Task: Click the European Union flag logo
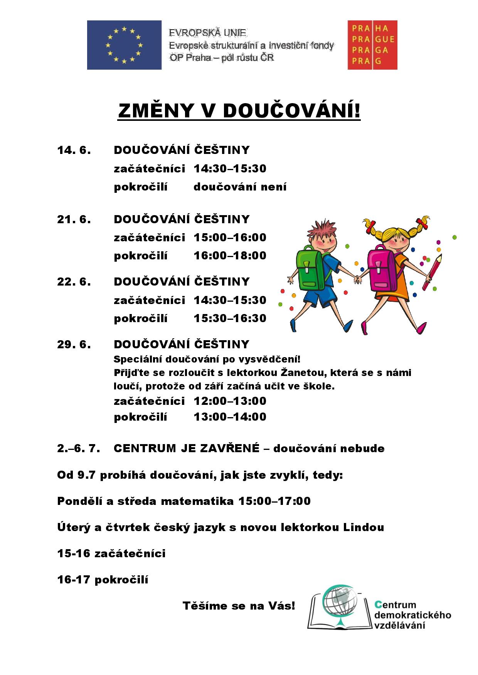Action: [124, 45]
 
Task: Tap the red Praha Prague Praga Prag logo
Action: [372, 45]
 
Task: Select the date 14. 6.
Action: [74, 150]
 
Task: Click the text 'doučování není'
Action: [240, 187]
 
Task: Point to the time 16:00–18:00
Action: [230, 256]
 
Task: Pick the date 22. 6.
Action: [74, 282]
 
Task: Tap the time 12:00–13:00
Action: [230, 401]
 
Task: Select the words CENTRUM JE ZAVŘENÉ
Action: [187, 448]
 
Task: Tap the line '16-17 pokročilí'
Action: [103, 580]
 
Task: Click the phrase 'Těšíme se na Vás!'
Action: [239, 606]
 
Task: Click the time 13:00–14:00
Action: [230, 417]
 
